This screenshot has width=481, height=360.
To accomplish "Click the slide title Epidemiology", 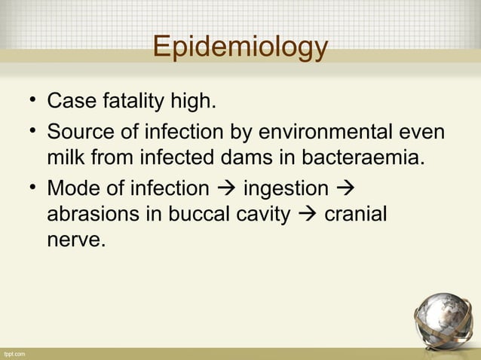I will coord(240,47).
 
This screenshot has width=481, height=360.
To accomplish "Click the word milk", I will coord(68,159).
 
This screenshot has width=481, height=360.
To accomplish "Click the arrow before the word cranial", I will coord(307,215).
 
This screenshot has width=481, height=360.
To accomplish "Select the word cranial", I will coord(355,215).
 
